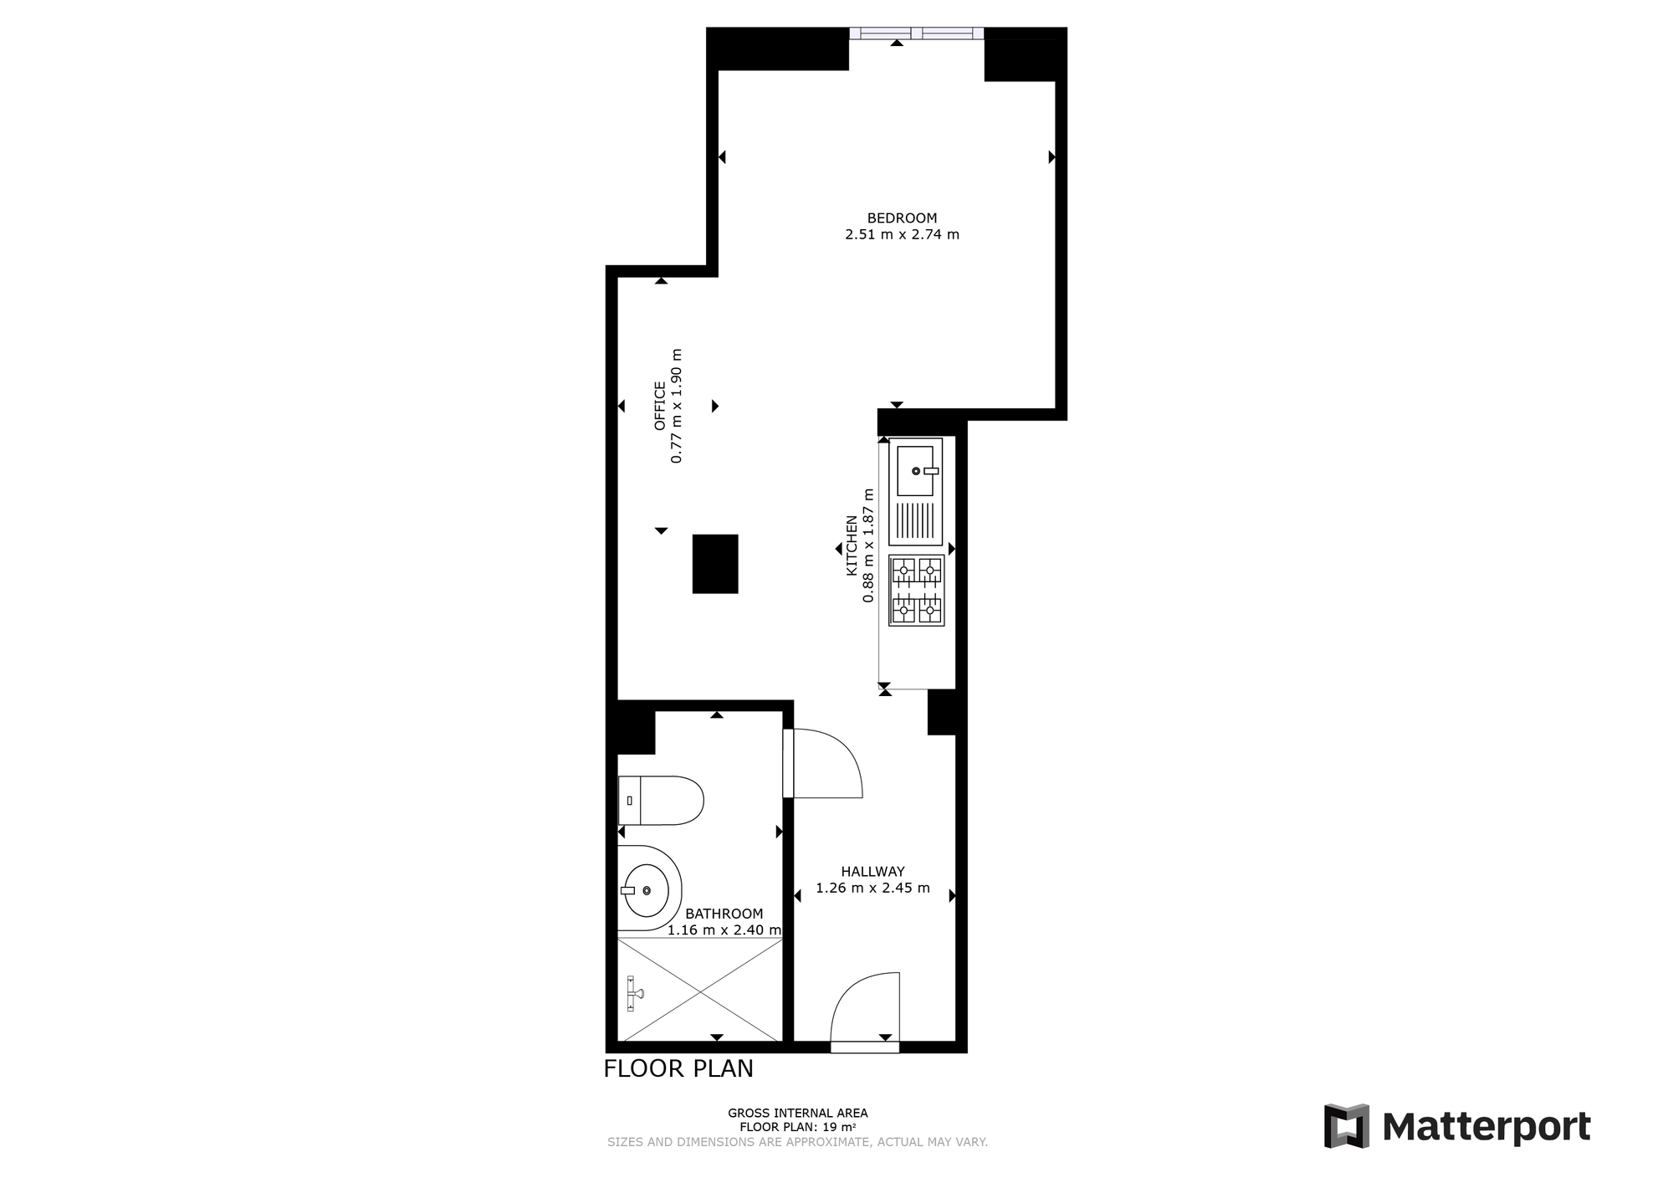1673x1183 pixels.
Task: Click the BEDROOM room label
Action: pos(902,218)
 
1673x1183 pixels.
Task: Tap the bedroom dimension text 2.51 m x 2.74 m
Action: pos(902,234)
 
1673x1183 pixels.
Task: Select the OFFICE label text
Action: pos(660,406)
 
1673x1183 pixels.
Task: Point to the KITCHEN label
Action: pos(852,545)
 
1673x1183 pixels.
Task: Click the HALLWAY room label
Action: pos(872,872)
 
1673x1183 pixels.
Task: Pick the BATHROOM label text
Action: pos(724,914)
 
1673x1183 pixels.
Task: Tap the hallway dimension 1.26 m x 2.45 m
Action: pos(872,888)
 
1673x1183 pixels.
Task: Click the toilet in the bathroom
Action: pos(661,800)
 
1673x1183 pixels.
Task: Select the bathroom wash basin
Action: pos(650,889)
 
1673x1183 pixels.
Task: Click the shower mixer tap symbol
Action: pos(635,993)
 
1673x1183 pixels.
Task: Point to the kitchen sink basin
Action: pos(915,471)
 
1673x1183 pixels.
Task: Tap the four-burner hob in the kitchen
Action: pos(916,591)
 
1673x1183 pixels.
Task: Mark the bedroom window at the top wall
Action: pos(916,33)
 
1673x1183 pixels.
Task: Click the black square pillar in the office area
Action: pos(715,564)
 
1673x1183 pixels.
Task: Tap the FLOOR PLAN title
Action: pos(678,1068)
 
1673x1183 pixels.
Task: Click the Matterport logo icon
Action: pos(1347,1126)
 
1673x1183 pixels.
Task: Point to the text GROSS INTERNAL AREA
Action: pos(797,1113)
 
